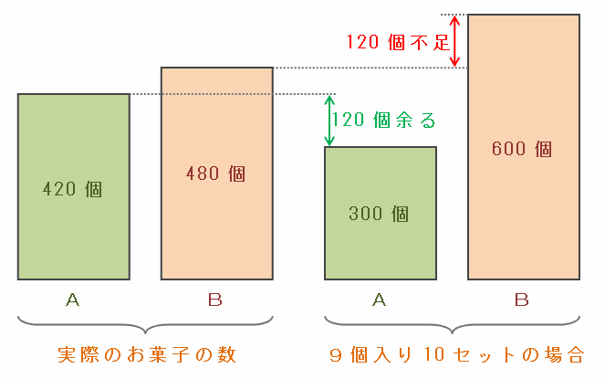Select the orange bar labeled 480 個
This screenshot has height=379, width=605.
tap(216, 228)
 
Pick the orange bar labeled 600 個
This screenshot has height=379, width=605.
tap(523, 210)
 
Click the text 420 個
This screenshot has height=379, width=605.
tap(73, 190)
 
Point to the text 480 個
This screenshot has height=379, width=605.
tap(216, 173)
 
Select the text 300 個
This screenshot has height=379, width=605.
tap(380, 215)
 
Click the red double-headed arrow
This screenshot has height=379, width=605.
tap(456, 41)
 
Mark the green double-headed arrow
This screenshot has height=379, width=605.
tap(329, 120)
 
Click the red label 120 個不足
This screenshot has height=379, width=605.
tap(396, 41)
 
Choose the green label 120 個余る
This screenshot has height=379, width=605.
tap(384, 120)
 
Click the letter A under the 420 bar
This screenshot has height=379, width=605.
tap(73, 299)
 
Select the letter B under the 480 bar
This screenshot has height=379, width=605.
tap(215, 299)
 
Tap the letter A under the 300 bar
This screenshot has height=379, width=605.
tap(380, 299)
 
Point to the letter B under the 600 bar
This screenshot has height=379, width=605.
tap(522, 299)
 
